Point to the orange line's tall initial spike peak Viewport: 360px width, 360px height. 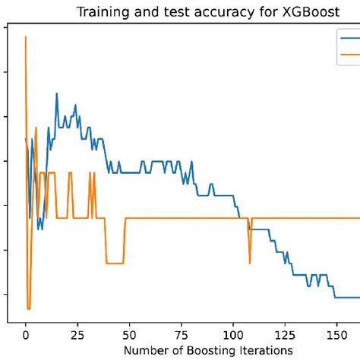tap(26, 36)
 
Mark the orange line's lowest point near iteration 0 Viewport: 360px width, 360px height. tap(29, 308)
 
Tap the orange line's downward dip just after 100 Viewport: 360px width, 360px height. tap(250, 263)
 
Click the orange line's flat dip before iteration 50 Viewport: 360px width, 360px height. tap(115, 264)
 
